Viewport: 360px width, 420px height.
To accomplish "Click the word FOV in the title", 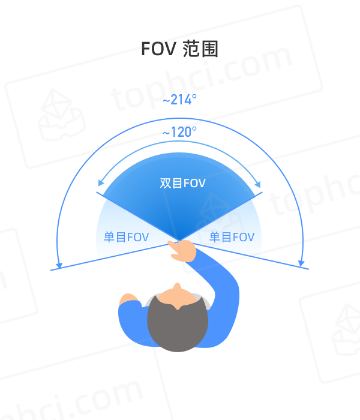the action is click(158, 49).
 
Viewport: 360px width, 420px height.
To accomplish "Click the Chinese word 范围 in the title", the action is click(200, 49).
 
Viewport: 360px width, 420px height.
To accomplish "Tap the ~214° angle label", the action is click(180, 100).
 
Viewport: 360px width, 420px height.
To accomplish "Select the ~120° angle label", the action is click(180, 132).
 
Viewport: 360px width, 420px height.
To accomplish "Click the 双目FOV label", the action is click(182, 184).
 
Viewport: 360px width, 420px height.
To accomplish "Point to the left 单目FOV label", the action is click(126, 238).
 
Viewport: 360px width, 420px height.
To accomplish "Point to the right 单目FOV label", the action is click(232, 238).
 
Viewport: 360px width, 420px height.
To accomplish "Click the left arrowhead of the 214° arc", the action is click(59, 265).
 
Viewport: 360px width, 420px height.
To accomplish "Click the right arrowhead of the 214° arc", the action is click(301, 263).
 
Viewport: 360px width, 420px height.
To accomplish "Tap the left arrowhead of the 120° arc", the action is click(101, 182).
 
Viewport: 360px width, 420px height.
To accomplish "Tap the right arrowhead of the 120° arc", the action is click(257, 184).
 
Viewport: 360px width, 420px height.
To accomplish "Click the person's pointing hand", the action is click(182, 250).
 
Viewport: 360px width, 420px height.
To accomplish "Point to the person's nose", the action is click(177, 287).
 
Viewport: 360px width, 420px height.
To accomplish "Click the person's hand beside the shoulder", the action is click(128, 299).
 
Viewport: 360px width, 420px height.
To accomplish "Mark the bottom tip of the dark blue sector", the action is click(179, 240).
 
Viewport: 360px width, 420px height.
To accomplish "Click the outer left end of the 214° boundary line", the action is click(50, 270).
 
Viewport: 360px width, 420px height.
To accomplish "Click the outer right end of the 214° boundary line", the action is click(309, 269).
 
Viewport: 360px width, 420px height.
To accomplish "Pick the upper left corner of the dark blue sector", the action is click(97, 192).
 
